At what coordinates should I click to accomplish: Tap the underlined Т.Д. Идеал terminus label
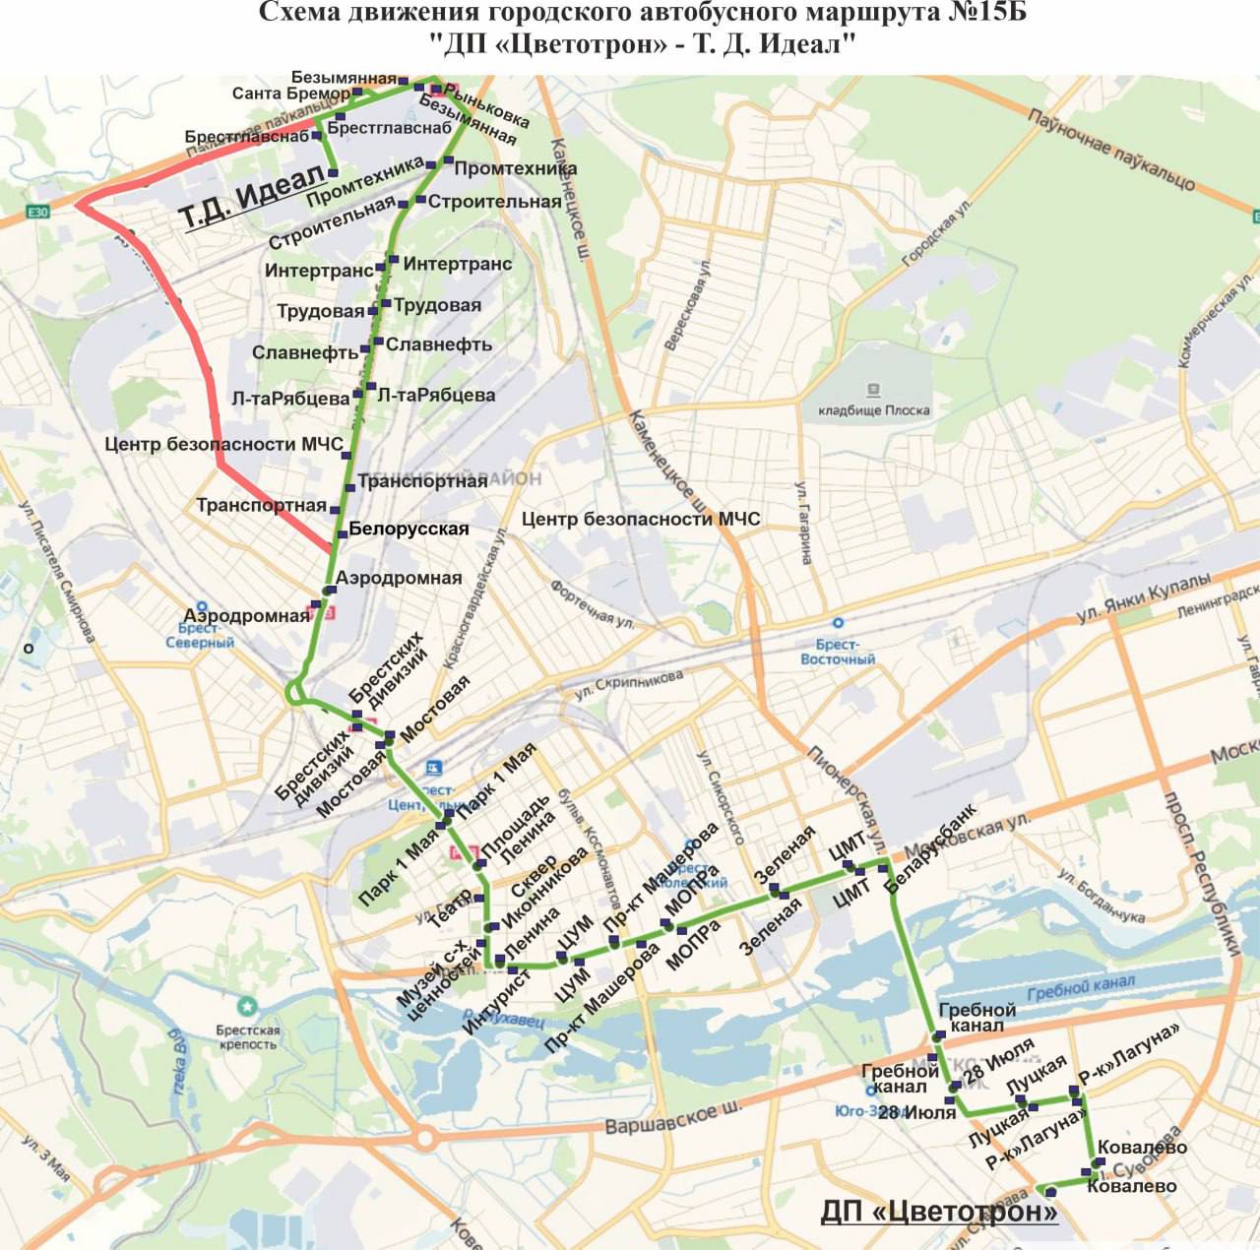pos(252,196)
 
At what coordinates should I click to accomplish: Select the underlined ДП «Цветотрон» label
pos(938,1211)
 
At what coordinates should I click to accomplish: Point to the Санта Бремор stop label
pos(290,94)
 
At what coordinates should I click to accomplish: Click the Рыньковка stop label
pos(486,106)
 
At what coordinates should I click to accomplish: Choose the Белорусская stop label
pos(409,529)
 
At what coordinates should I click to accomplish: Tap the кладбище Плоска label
pos(873,410)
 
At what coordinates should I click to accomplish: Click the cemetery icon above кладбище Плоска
pos(872,391)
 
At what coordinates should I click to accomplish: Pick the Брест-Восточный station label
pos(838,652)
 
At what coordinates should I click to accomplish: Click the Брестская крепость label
pos(247,1037)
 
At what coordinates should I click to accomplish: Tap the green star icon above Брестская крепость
pos(247,1007)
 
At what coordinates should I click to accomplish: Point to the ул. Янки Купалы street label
pos(1142,598)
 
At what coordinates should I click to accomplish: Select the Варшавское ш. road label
pos(673,1118)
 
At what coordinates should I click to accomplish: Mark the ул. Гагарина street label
pos(804,523)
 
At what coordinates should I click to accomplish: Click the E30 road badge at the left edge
pos(37,212)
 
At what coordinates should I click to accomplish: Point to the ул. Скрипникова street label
pos(629,686)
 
